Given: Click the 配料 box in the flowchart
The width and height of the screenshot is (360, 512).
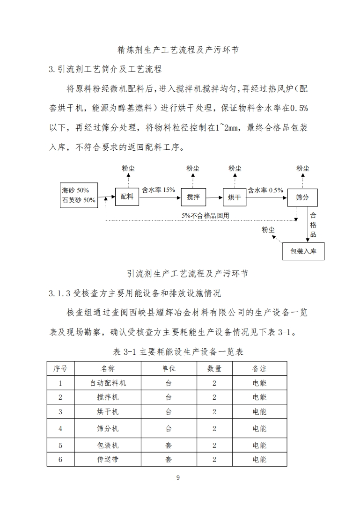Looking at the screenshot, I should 127,197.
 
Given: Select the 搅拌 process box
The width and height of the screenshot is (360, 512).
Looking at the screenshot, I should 193,197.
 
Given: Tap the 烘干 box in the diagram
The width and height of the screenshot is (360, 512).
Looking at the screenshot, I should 234,197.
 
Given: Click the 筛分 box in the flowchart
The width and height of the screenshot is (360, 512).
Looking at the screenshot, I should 302,197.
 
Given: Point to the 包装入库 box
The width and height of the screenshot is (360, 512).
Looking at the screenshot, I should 303,252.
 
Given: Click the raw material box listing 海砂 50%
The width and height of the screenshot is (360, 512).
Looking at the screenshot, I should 79,195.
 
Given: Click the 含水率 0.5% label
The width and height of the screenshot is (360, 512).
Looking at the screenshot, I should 265,190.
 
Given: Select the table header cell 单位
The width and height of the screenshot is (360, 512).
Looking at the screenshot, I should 169,369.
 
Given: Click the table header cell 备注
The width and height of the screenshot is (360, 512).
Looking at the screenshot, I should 259,369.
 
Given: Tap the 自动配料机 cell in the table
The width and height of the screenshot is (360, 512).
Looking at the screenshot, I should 108,383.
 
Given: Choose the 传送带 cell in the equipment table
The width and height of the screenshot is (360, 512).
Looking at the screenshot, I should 108,459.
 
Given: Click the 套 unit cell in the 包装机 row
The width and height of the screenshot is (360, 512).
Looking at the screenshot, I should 169,445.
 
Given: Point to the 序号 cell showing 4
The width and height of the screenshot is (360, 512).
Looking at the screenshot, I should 60,428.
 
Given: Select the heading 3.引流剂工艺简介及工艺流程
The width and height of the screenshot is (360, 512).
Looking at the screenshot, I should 105,69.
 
